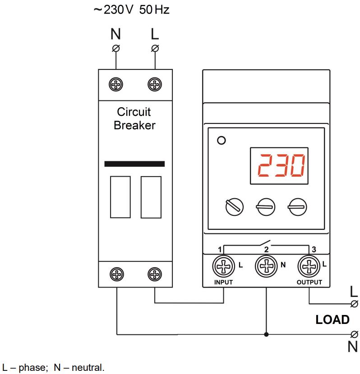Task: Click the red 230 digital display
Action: click(x=279, y=166)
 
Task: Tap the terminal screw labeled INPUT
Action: click(x=223, y=266)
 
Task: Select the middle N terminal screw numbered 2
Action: click(x=266, y=266)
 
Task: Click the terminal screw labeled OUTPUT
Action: click(x=309, y=266)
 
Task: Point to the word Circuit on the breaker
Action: click(x=134, y=112)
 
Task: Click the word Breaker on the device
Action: click(x=134, y=125)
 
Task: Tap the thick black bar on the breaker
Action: click(x=134, y=164)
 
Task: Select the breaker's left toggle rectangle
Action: click(x=120, y=197)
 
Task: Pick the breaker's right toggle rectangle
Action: click(x=151, y=197)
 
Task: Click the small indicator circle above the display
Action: click(x=222, y=140)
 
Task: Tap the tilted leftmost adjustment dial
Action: click(x=235, y=207)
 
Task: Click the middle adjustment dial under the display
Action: click(x=265, y=207)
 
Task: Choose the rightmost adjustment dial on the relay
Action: click(x=297, y=207)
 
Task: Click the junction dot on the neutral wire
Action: click(x=266, y=334)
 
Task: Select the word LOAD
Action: click(x=332, y=319)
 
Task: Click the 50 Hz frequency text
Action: click(x=154, y=10)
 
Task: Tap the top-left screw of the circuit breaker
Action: click(x=116, y=84)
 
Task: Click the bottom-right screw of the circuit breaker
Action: click(x=155, y=274)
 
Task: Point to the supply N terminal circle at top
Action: click(x=116, y=48)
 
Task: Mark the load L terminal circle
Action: click(x=354, y=304)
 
